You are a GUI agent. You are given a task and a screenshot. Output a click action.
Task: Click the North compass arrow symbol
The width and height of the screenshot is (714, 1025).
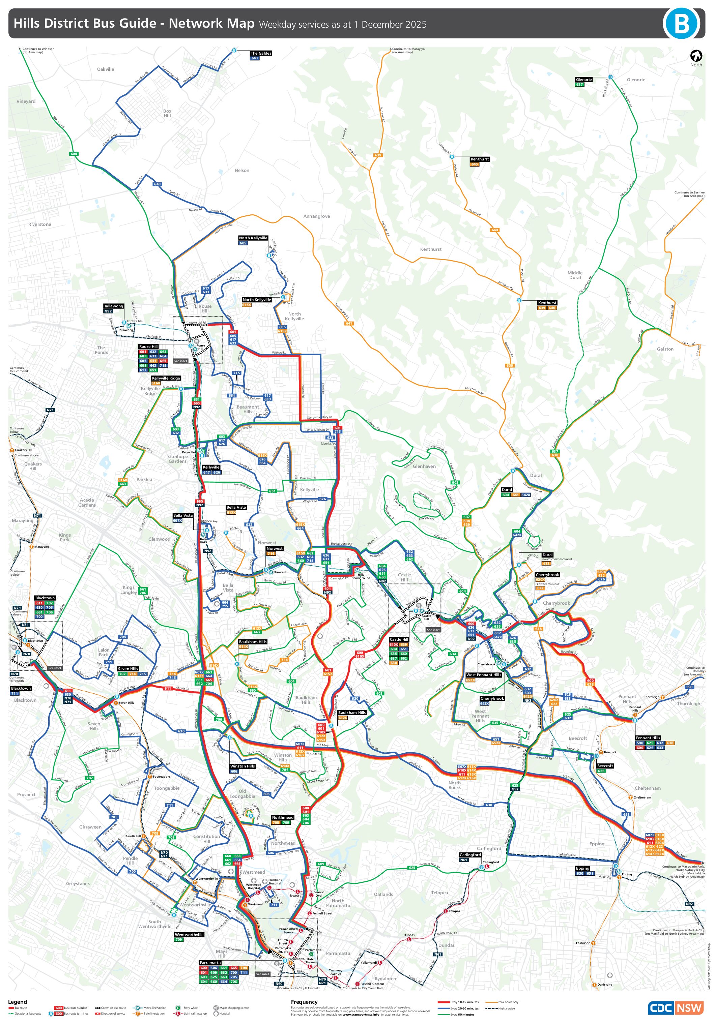696,56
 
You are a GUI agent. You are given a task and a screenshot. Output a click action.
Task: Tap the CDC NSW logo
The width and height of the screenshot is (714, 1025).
675,1007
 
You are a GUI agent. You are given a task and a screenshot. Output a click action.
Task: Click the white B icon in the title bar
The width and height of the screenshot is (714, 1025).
681,23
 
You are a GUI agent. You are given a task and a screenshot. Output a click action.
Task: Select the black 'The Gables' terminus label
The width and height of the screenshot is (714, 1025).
260,53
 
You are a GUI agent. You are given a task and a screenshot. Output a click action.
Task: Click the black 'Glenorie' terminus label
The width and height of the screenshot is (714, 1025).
583,80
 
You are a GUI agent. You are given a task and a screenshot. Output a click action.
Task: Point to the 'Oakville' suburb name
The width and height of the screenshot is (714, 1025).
106,69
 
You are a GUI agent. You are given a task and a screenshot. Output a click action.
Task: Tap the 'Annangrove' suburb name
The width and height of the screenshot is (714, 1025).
316,216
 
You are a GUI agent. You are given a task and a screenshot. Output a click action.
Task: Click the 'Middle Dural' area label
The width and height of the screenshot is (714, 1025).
575,275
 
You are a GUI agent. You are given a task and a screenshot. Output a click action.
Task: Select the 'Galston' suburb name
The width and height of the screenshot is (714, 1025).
665,349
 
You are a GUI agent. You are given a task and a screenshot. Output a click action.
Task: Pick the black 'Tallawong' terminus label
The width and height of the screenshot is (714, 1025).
113,306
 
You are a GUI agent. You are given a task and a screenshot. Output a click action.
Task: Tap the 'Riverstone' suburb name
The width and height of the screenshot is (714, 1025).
39,224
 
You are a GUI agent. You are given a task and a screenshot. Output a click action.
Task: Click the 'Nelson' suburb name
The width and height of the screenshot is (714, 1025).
242,171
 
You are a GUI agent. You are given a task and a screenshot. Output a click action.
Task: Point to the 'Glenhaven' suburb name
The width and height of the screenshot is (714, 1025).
424,466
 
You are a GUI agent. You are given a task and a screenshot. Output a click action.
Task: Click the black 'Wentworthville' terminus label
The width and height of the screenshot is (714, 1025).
189,934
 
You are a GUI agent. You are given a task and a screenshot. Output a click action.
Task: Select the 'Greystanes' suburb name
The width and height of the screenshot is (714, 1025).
78,883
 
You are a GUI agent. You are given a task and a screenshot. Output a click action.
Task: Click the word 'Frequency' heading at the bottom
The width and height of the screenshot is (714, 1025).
304,1002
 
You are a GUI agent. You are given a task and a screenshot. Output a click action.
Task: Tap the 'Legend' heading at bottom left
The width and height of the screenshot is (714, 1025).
18,1002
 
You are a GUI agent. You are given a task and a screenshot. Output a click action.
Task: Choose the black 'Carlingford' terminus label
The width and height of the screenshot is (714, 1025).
470,854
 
